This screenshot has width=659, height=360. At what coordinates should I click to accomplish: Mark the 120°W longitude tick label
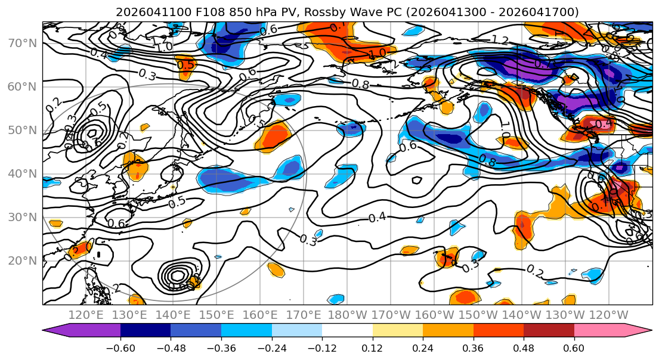pyautogui.click(x=609, y=315)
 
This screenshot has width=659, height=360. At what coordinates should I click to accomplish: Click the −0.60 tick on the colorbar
pyautogui.click(x=120, y=347)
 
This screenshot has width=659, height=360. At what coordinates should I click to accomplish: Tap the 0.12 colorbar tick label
pyautogui.click(x=373, y=347)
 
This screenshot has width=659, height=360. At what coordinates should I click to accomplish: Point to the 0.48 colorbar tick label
pyautogui.click(x=524, y=347)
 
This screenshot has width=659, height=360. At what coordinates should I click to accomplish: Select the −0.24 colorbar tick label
pyautogui.click(x=272, y=347)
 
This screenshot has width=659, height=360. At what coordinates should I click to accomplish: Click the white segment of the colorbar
pyautogui.click(x=347, y=331)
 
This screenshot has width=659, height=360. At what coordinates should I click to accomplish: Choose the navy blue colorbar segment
pyautogui.click(x=146, y=331)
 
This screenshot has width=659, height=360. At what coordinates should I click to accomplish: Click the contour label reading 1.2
pyautogui.click(x=500, y=40)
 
